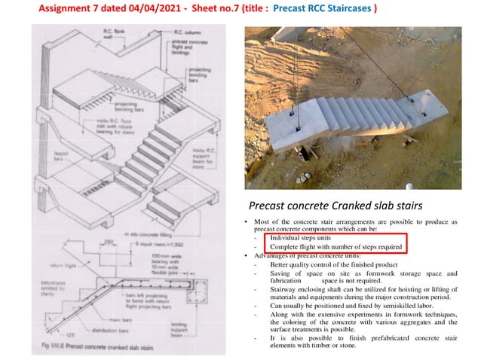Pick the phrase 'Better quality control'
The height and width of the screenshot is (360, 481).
(302, 264)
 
